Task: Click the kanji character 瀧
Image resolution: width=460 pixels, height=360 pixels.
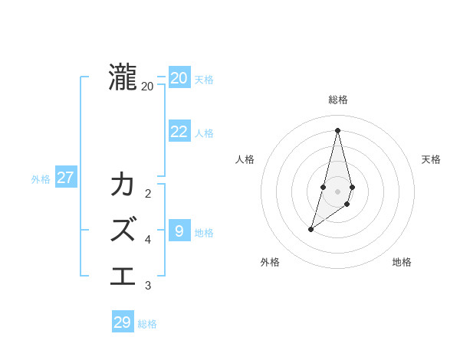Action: pyautogui.click(x=123, y=78)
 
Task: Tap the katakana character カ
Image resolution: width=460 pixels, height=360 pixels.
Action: pyautogui.click(x=123, y=185)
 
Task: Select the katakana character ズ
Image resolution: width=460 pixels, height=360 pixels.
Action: pyautogui.click(x=123, y=228)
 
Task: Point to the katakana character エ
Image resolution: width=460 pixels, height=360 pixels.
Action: pyautogui.click(x=123, y=274)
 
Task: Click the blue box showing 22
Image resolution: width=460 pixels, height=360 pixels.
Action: pyautogui.click(x=179, y=132)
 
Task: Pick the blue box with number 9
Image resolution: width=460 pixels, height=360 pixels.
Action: pyautogui.click(x=179, y=231)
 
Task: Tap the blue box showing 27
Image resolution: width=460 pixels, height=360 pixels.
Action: pyautogui.click(x=66, y=178)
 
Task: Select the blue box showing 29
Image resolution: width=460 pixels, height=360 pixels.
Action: pyautogui.click(x=123, y=322)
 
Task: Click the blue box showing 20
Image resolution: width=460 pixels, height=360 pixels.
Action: pyautogui.click(x=179, y=78)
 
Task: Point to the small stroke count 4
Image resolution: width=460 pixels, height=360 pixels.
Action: pyautogui.click(x=148, y=240)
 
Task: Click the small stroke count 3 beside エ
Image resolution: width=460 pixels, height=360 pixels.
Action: pyautogui.click(x=148, y=286)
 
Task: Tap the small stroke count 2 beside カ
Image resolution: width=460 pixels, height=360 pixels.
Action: pyautogui.click(x=148, y=194)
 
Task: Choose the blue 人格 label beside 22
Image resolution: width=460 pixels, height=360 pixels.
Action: pyautogui.click(x=204, y=133)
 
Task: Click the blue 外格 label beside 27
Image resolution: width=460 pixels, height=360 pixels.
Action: pyautogui.click(x=41, y=179)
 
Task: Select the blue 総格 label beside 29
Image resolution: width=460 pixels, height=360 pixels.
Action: pyautogui.click(x=147, y=324)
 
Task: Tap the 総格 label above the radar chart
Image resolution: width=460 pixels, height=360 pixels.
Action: pyautogui.click(x=338, y=100)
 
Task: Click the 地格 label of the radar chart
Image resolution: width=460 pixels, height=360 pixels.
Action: pyautogui.click(x=402, y=262)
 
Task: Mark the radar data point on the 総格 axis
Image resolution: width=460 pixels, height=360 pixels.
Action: pyautogui.click(x=337, y=130)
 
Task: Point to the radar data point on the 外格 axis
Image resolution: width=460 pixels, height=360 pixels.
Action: pyautogui.click(x=310, y=229)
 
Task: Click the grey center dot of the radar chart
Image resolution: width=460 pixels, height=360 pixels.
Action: pyautogui.click(x=337, y=191)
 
